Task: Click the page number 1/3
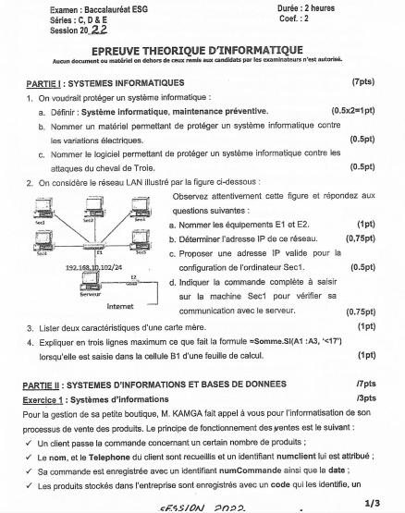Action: (373, 502)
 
